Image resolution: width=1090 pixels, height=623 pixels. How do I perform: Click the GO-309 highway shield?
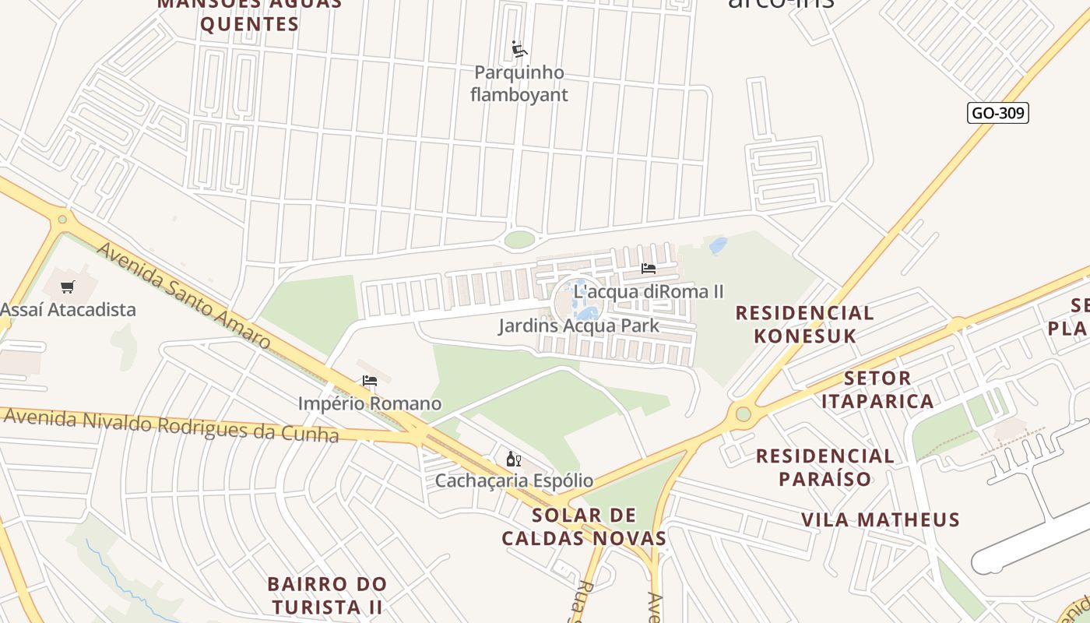coord(998,113)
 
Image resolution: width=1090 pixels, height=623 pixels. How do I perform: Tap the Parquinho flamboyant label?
coord(519,84)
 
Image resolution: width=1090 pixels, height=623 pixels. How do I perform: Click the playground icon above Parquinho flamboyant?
coord(519,50)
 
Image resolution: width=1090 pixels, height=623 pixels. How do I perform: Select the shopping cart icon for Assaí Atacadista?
coord(68,287)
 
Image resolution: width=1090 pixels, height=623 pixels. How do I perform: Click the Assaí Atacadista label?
coord(69,310)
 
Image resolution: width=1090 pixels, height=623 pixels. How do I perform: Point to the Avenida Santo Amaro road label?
coord(184,296)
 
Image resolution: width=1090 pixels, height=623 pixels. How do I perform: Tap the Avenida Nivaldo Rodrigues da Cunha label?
coord(171,424)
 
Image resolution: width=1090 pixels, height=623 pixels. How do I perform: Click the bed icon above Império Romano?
coord(370,381)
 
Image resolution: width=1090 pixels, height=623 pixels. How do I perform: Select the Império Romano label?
coord(370,404)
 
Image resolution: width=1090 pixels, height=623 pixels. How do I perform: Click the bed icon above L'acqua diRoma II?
coord(648,269)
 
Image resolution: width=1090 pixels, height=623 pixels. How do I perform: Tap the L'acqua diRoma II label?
coord(649,292)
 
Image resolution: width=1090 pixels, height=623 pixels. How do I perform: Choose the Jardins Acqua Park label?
coord(578,326)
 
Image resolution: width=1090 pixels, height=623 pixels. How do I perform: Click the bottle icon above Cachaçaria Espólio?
coord(513,459)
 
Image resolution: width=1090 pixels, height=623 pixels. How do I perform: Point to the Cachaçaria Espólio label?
coord(514,481)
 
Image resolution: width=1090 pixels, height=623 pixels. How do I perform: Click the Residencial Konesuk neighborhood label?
coord(805,325)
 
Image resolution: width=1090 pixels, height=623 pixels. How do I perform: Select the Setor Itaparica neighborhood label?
coord(877,390)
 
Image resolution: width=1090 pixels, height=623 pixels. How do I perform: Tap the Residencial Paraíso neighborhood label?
coord(825,467)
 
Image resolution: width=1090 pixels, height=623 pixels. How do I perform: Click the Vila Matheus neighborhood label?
coord(881,519)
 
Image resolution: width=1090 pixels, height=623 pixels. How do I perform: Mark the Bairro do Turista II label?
coord(327,595)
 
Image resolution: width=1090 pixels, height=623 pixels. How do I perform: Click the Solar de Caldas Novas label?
coord(584,527)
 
